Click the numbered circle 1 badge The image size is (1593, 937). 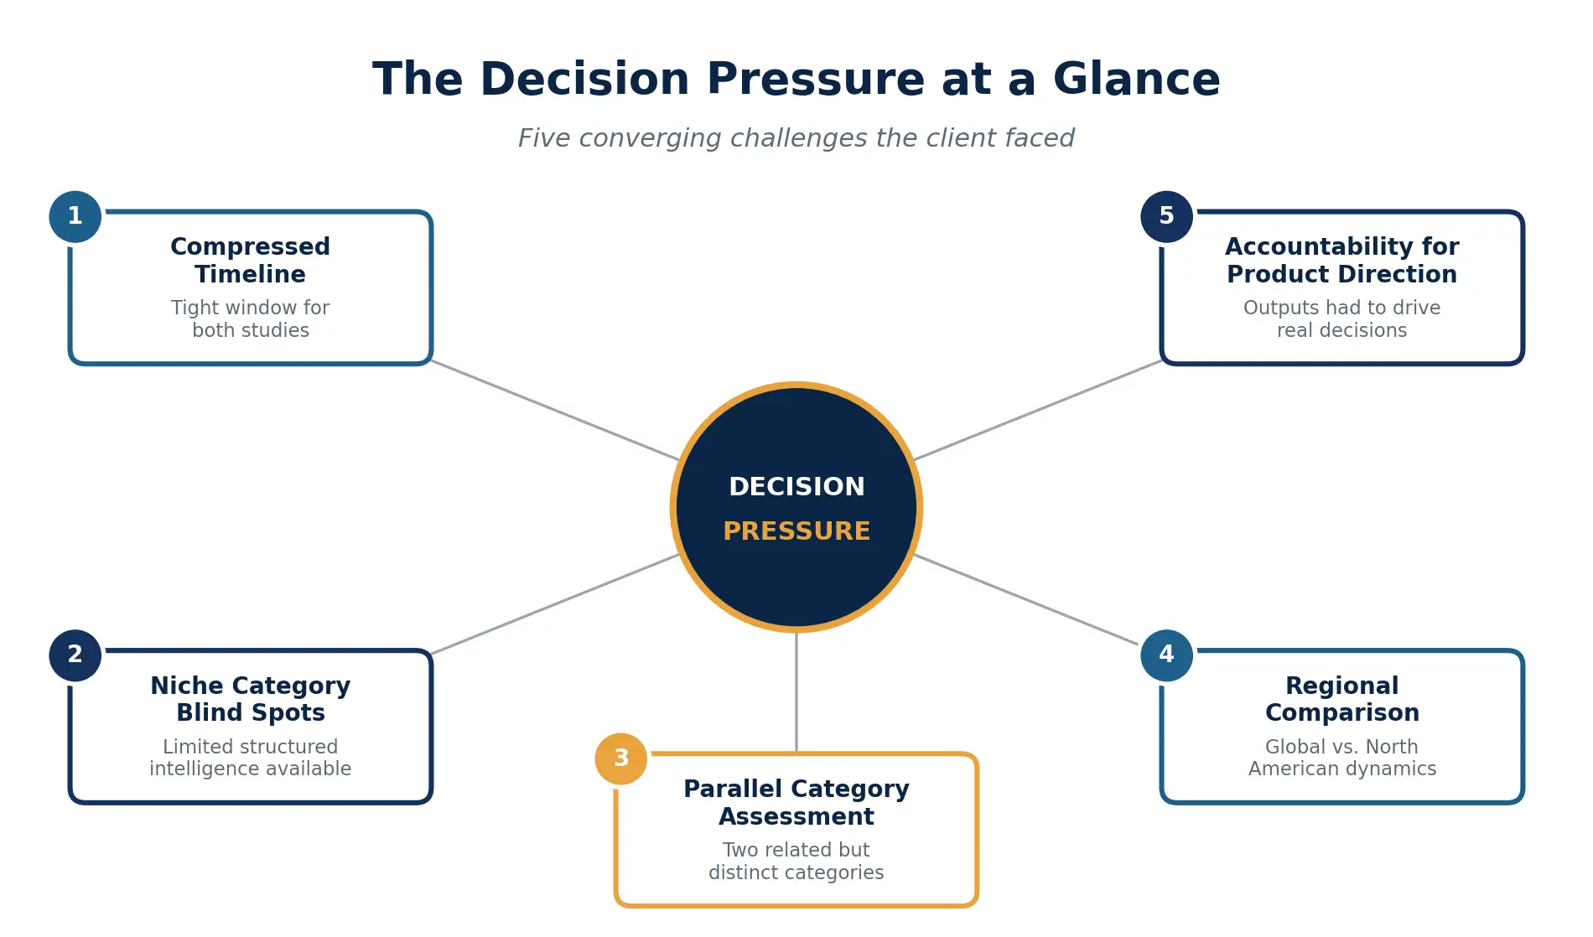pyautogui.click(x=75, y=216)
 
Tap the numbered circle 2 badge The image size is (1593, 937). pyautogui.click(x=75, y=655)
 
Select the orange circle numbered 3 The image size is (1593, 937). pyautogui.click(x=620, y=758)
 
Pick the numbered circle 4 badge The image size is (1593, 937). pyautogui.click(x=1166, y=655)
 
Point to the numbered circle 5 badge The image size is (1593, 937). pyautogui.click(x=1166, y=216)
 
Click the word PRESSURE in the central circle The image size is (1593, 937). pyautogui.click(x=796, y=531)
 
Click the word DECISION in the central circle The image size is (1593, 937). pyautogui.click(x=796, y=487)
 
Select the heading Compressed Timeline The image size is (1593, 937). pyautogui.click(x=250, y=260)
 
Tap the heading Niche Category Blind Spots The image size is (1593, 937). pyautogui.click(x=250, y=699)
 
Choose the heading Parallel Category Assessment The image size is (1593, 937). pyautogui.click(x=796, y=802)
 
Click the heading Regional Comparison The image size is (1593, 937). pyautogui.click(x=1341, y=699)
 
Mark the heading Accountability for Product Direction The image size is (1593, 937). pyautogui.click(x=1341, y=260)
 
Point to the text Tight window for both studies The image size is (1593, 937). pyautogui.click(x=250, y=318)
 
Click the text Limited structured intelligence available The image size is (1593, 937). pyautogui.click(x=250, y=758)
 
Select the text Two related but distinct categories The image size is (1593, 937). pyautogui.click(x=796, y=861)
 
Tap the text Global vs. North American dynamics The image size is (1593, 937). pyautogui.click(x=1341, y=758)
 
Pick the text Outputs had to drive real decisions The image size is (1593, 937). pyautogui.click(x=1341, y=318)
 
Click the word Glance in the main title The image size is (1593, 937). pyautogui.click(x=1136, y=80)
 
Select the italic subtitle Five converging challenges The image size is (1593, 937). pyautogui.click(x=796, y=138)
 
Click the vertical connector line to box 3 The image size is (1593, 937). pyautogui.click(x=796, y=691)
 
